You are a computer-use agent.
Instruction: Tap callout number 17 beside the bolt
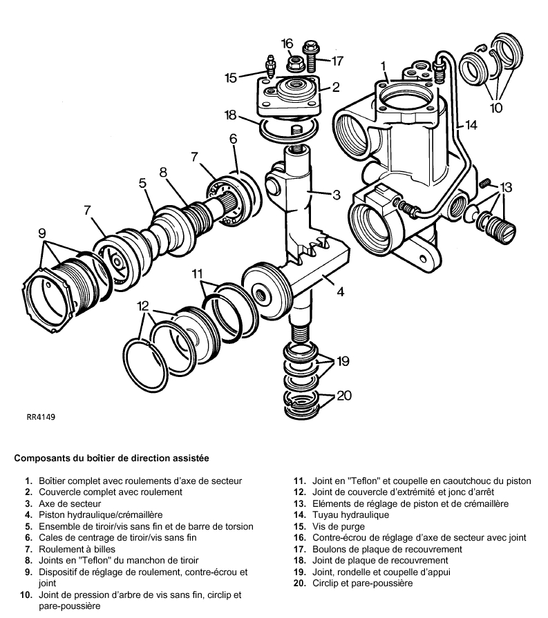pyautogui.click(x=337, y=61)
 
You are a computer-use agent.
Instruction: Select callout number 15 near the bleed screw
pyautogui.click(x=232, y=77)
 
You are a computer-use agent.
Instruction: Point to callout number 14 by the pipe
pyautogui.click(x=471, y=125)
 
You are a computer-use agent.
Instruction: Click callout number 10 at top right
pyautogui.click(x=497, y=108)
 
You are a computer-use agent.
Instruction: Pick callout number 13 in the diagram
pyautogui.click(x=507, y=187)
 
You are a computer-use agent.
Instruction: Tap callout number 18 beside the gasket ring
pyautogui.click(x=231, y=114)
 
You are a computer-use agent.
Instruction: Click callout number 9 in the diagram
pyautogui.click(x=42, y=233)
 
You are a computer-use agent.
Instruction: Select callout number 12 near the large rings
pyautogui.click(x=142, y=305)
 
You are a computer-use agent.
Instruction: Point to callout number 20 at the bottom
pyautogui.click(x=343, y=396)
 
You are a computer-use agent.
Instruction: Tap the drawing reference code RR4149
pyautogui.click(x=41, y=417)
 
